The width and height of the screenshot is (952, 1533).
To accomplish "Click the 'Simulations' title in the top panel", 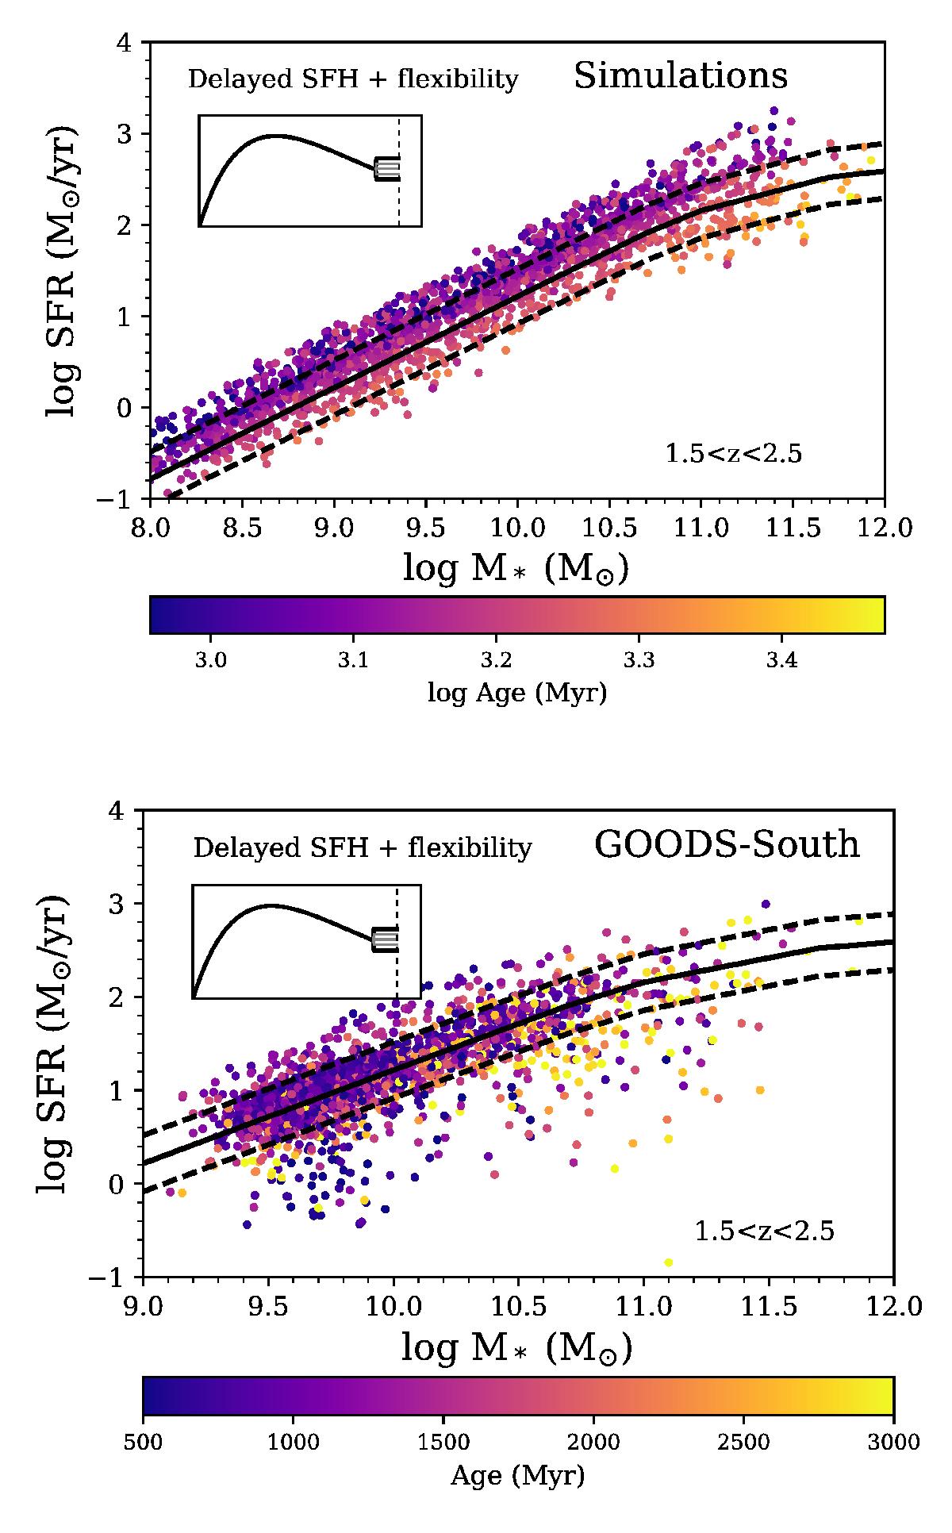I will (x=680, y=76).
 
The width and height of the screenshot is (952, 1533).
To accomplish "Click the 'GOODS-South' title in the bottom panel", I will (x=727, y=845).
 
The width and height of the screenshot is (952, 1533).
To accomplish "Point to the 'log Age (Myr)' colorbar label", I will (x=517, y=693).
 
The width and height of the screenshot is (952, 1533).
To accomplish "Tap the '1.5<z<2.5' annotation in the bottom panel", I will (x=765, y=1231).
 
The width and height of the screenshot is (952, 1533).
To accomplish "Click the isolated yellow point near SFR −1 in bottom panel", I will (x=668, y=1262).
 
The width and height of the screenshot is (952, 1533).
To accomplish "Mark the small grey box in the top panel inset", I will (x=387, y=168).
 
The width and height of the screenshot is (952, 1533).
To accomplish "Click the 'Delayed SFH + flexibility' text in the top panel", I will (x=352, y=79).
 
